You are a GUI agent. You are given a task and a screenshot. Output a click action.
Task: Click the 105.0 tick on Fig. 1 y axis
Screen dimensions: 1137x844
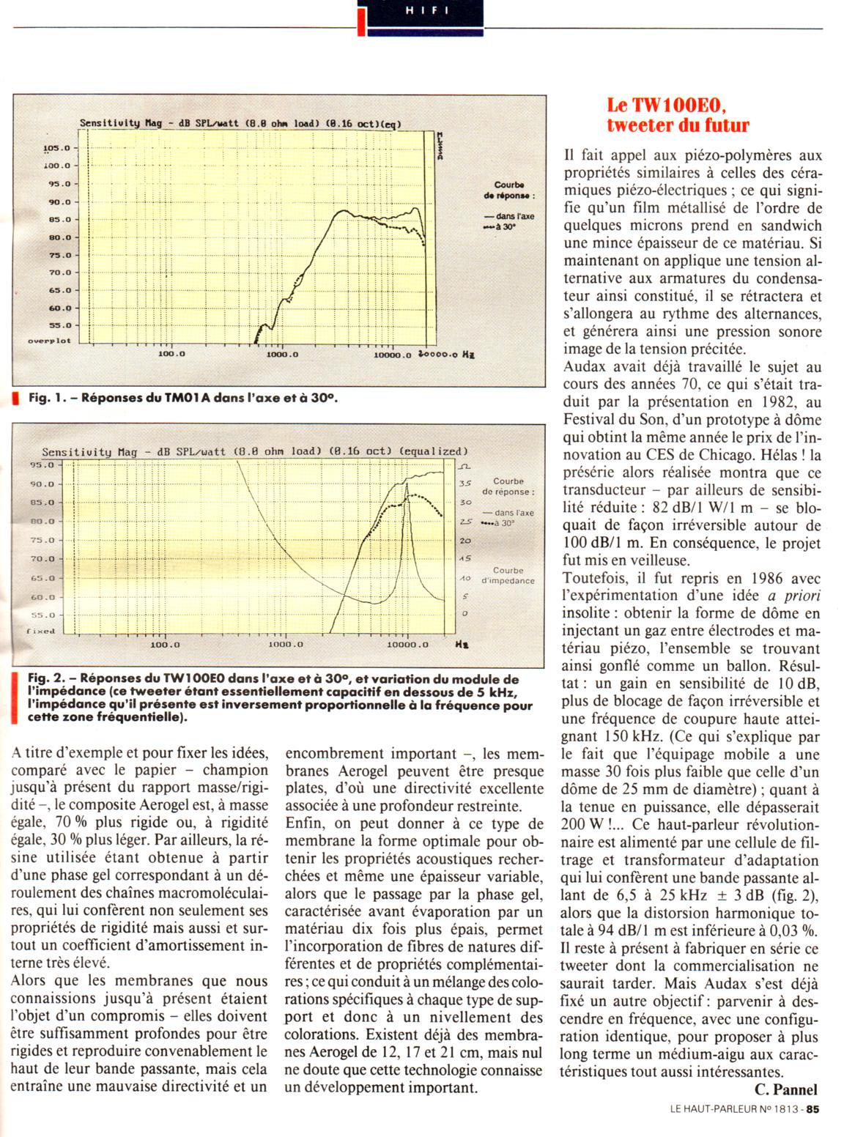click(56, 148)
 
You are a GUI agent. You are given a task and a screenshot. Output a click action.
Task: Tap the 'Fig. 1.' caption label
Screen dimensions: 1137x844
click(48, 399)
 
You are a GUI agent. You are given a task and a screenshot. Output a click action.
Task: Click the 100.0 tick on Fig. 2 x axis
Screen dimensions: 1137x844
click(165, 645)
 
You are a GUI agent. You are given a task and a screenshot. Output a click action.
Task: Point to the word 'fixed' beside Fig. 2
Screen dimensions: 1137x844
click(41, 631)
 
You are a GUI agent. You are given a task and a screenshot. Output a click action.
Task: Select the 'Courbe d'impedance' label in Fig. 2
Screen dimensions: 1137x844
click(508, 575)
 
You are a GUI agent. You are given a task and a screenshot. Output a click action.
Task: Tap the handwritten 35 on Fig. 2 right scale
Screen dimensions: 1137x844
click(464, 484)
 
